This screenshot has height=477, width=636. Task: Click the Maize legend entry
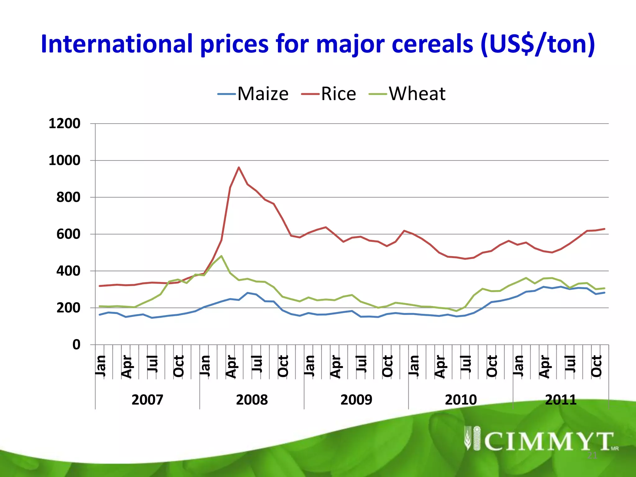coord(253,94)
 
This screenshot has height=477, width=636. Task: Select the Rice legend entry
coord(329,94)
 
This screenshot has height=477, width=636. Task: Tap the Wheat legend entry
coord(407,94)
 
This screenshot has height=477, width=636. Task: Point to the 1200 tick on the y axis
coord(64,124)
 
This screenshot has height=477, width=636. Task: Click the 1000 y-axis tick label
coord(64,161)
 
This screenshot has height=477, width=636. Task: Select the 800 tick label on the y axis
coord(68,197)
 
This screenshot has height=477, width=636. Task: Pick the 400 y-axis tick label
coord(68,271)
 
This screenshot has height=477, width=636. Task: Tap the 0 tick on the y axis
coord(76,345)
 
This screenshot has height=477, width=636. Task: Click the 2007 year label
coord(147,400)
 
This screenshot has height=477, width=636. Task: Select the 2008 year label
coord(252,400)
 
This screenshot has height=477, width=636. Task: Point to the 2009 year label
coord(356,400)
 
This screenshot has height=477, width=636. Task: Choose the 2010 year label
coord(461,400)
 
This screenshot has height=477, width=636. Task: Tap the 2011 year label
coord(561,400)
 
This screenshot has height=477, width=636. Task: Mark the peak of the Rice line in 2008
coord(238,167)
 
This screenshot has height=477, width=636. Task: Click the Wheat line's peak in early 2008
coord(221,256)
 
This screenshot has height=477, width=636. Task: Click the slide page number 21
coord(592,456)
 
